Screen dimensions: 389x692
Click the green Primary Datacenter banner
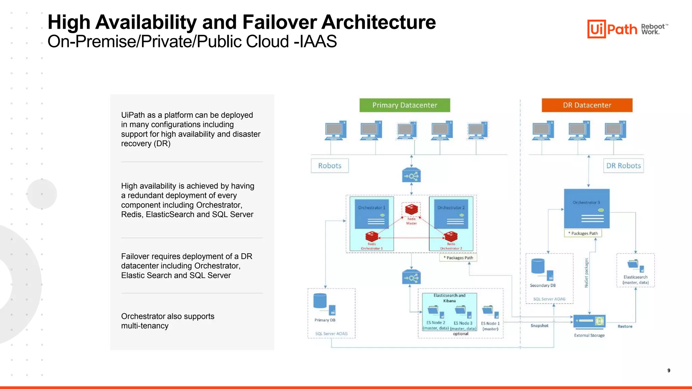tap(404, 105)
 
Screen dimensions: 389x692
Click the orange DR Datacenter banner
tap(587, 105)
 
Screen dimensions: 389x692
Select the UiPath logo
tap(612, 29)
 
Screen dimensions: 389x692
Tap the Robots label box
tap(329, 165)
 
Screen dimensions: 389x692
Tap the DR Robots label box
tap(623, 165)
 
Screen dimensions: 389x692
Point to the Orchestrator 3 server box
tap(587, 208)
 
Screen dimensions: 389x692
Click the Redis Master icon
tap(411, 210)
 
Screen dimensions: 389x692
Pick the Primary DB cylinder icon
tap(320, 301)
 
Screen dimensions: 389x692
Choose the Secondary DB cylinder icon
tap(538, 266)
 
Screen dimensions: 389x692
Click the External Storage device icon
tap(589, 321)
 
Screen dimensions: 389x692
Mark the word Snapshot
tap(539, 326)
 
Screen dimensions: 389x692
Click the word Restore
tap(625, 326)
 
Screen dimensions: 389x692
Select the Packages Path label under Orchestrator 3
tap(583, 233)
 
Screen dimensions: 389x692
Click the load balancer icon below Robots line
tap(411, 176)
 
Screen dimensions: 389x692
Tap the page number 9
tap(669, 370)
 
